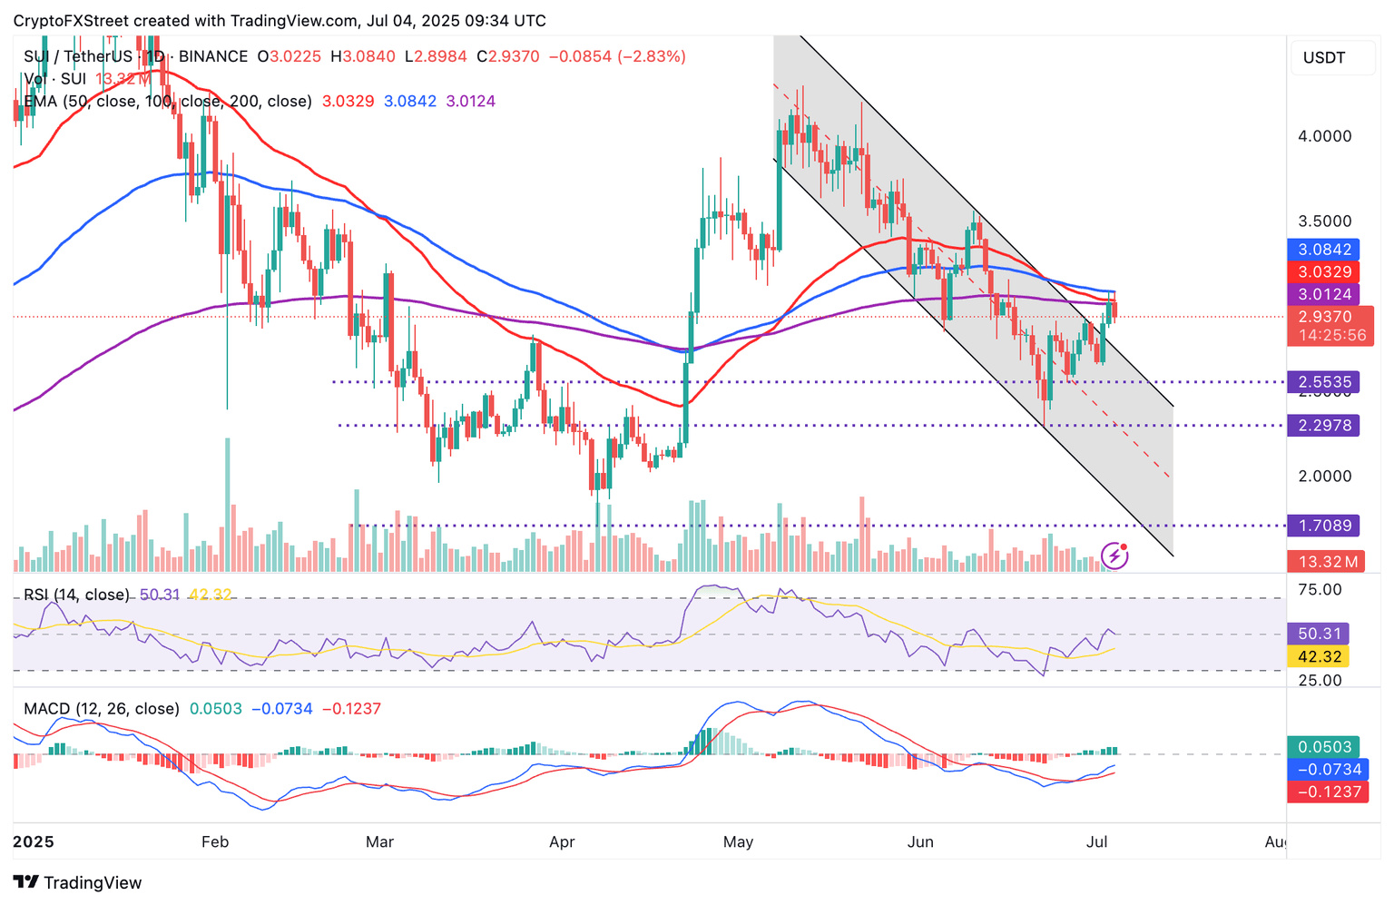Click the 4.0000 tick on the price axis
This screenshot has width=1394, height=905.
(x=1324, y=136)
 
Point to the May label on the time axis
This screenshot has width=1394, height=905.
(x=738, y=841)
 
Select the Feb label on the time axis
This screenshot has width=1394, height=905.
(x=214, y=841)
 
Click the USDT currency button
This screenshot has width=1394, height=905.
(x=1324, y=58)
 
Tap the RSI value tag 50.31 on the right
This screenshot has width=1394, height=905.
(x=1317, y=634)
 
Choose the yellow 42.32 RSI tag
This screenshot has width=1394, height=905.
(x=1317, y=656)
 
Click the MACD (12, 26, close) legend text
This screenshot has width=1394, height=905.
(x=102, y=709)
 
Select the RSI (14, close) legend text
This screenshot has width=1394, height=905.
(x=76, y=595)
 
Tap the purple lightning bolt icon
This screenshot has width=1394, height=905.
(x=1114, y=556)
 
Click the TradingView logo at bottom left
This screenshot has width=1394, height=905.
(x=78, y=882)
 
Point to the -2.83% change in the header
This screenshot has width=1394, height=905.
(x=652, y=56)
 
